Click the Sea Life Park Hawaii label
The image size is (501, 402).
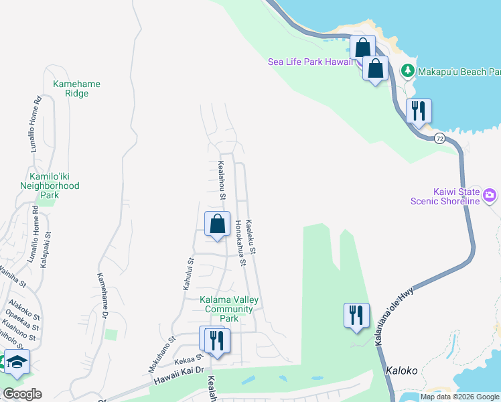311,62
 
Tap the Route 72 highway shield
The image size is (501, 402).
439,138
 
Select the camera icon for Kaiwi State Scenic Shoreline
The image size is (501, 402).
490,196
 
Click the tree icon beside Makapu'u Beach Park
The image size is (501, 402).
407,70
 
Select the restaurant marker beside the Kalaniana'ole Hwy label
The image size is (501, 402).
356,316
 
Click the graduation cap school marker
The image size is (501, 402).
17,362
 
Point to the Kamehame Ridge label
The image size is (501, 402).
77,89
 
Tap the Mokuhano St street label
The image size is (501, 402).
162,354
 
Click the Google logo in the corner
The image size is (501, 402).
23,394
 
